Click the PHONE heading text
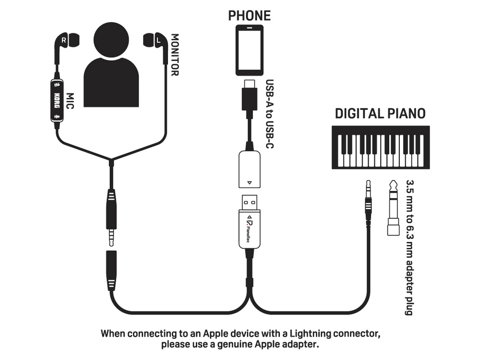point(250,16)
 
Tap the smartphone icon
point(250,50)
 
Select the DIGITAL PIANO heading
point(380,114)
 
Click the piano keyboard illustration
point(381,147)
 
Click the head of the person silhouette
point(111,40)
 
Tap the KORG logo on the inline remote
point(57,100)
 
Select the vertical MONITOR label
point(175,55)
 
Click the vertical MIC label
point(70,101)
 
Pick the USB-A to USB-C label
point(269,114)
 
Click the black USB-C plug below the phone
point(250,95)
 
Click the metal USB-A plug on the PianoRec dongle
point(250,203)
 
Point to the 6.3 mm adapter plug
point(394,208)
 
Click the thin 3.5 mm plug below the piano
point(369,199)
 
